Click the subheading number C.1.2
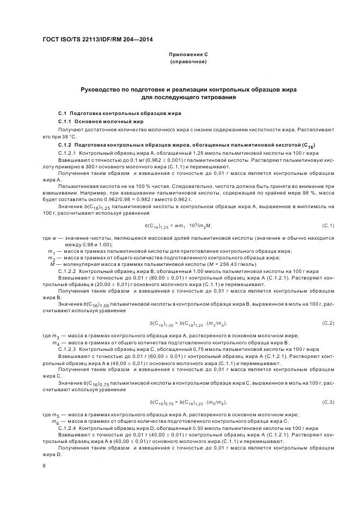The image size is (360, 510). tap(65, 145)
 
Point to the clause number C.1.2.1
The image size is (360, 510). tap(68, 153)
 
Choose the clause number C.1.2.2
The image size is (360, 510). tap(68, 270)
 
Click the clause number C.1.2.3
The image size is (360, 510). tap(68, 349)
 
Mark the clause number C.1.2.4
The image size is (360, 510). tap(68, 428)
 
